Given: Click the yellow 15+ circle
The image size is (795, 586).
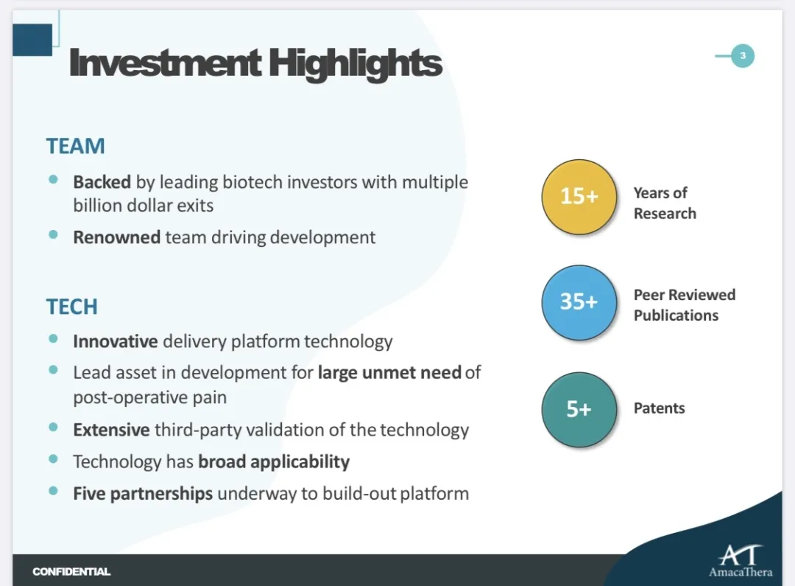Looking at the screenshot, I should click(579, 197).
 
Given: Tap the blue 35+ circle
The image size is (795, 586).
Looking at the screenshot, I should click(579, 302).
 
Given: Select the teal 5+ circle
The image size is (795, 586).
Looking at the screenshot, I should click(579, 409).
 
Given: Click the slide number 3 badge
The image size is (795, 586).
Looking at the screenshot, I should click(743, 56).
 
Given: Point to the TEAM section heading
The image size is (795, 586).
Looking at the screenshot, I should click(75, 146).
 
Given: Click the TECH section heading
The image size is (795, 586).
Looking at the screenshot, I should click(71, 307).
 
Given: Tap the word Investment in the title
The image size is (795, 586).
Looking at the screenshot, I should click(164, 63).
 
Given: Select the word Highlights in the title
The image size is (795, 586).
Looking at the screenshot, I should click(356, 63).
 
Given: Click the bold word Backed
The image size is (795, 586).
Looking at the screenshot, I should click(102, 181).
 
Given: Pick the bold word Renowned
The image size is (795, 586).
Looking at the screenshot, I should click(116, 237).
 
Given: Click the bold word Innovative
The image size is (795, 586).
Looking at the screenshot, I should click(115, 341).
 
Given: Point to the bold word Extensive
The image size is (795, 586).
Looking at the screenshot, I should click(111, 430).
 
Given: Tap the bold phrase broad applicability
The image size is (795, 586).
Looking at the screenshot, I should click(274, 462).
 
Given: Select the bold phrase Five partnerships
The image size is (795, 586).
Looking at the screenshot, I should click(143, 493).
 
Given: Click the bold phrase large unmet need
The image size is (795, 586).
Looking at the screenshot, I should click(389, 372).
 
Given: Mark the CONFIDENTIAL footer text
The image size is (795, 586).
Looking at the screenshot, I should click(71, 571).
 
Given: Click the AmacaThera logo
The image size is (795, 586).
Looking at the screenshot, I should click(740, 560).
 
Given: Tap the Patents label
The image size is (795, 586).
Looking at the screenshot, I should click(659, 408).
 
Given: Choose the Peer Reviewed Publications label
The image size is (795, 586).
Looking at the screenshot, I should click(684, 304).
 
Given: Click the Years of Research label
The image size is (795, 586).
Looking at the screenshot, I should click(664, 203).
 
